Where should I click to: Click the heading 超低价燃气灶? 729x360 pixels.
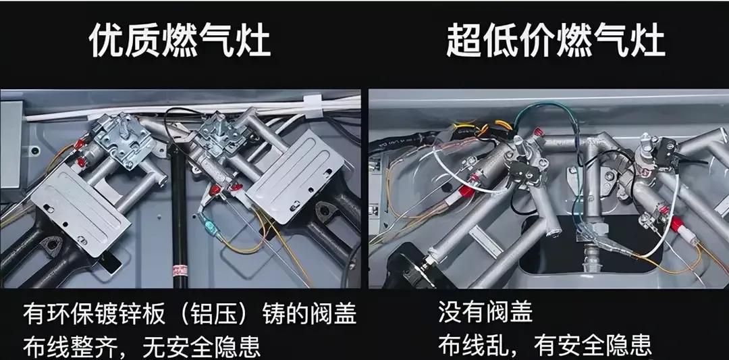555,42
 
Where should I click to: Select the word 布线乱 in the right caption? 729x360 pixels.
473,345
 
